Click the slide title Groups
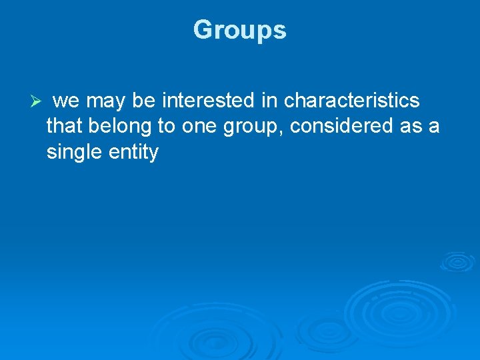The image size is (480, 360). [239, 30]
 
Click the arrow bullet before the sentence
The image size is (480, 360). [37, 101]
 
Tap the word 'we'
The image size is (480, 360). [66, 101]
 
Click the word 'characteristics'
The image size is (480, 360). [351, 101]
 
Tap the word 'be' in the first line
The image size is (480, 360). [143, 101]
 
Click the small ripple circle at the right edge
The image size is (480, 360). [457, 261]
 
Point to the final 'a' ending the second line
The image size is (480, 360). [435, 126]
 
